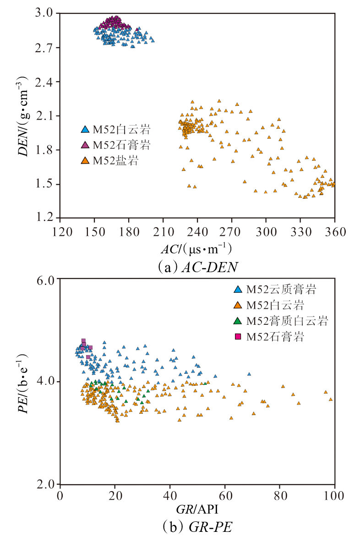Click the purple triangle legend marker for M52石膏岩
click(84, 145)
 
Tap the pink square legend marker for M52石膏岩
click(238, 337)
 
